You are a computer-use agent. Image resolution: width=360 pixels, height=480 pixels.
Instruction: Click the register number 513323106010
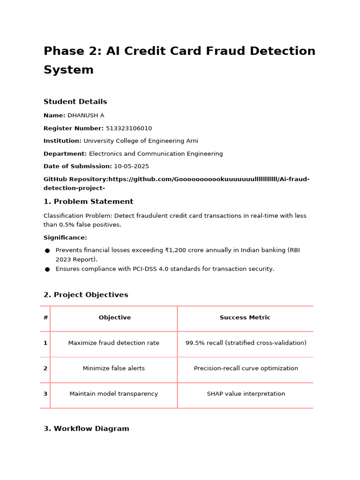129,128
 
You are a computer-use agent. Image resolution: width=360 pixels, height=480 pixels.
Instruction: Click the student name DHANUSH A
86,115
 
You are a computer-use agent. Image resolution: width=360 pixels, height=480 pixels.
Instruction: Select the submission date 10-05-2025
131,166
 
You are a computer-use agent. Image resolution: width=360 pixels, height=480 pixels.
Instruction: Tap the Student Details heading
75,102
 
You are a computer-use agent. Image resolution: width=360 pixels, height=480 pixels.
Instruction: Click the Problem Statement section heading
88,202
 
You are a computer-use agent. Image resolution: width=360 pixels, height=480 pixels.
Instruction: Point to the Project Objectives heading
86,295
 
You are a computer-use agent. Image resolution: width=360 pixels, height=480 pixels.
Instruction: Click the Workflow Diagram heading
86,428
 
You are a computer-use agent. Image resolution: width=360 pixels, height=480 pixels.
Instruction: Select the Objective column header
114,318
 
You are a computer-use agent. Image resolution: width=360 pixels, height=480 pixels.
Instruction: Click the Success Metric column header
245,318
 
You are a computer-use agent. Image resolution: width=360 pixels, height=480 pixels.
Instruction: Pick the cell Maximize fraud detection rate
113,343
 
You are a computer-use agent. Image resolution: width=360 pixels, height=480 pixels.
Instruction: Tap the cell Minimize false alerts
113,368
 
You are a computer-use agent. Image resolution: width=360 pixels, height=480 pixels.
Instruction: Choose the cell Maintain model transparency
113,394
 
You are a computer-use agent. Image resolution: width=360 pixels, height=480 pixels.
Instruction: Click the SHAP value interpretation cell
246,394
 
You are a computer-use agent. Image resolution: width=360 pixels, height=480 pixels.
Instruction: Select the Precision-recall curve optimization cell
246,368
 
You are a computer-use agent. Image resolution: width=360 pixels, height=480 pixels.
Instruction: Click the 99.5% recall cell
246,343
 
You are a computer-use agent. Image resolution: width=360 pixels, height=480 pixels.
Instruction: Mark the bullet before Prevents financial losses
47,251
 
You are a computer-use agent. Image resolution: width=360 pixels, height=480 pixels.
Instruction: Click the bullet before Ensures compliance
47,270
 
